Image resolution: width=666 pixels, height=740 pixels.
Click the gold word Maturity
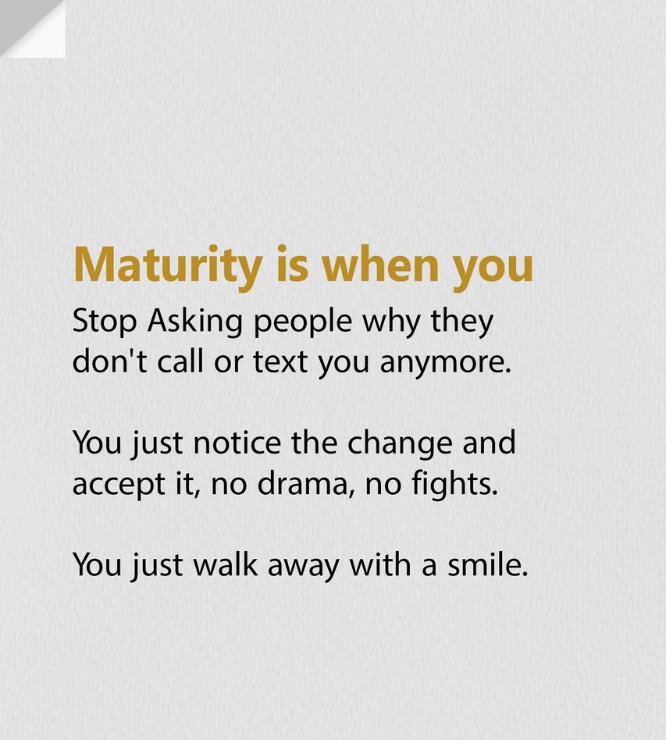click(168, 267)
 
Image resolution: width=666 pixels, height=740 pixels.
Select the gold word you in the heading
click(493, 272)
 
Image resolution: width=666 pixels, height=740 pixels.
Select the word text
click(280, 362)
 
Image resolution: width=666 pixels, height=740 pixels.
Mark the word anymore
click(446, 365)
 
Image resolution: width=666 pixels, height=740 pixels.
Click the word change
click(399, 446)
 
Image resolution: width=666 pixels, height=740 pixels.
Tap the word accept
click(119, 486)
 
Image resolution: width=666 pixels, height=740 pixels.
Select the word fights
click(454, 486)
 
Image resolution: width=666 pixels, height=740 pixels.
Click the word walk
click(226, 564)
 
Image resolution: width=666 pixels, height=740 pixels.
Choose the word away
click(303, 567)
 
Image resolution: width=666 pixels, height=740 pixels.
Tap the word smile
click(487, 564)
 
